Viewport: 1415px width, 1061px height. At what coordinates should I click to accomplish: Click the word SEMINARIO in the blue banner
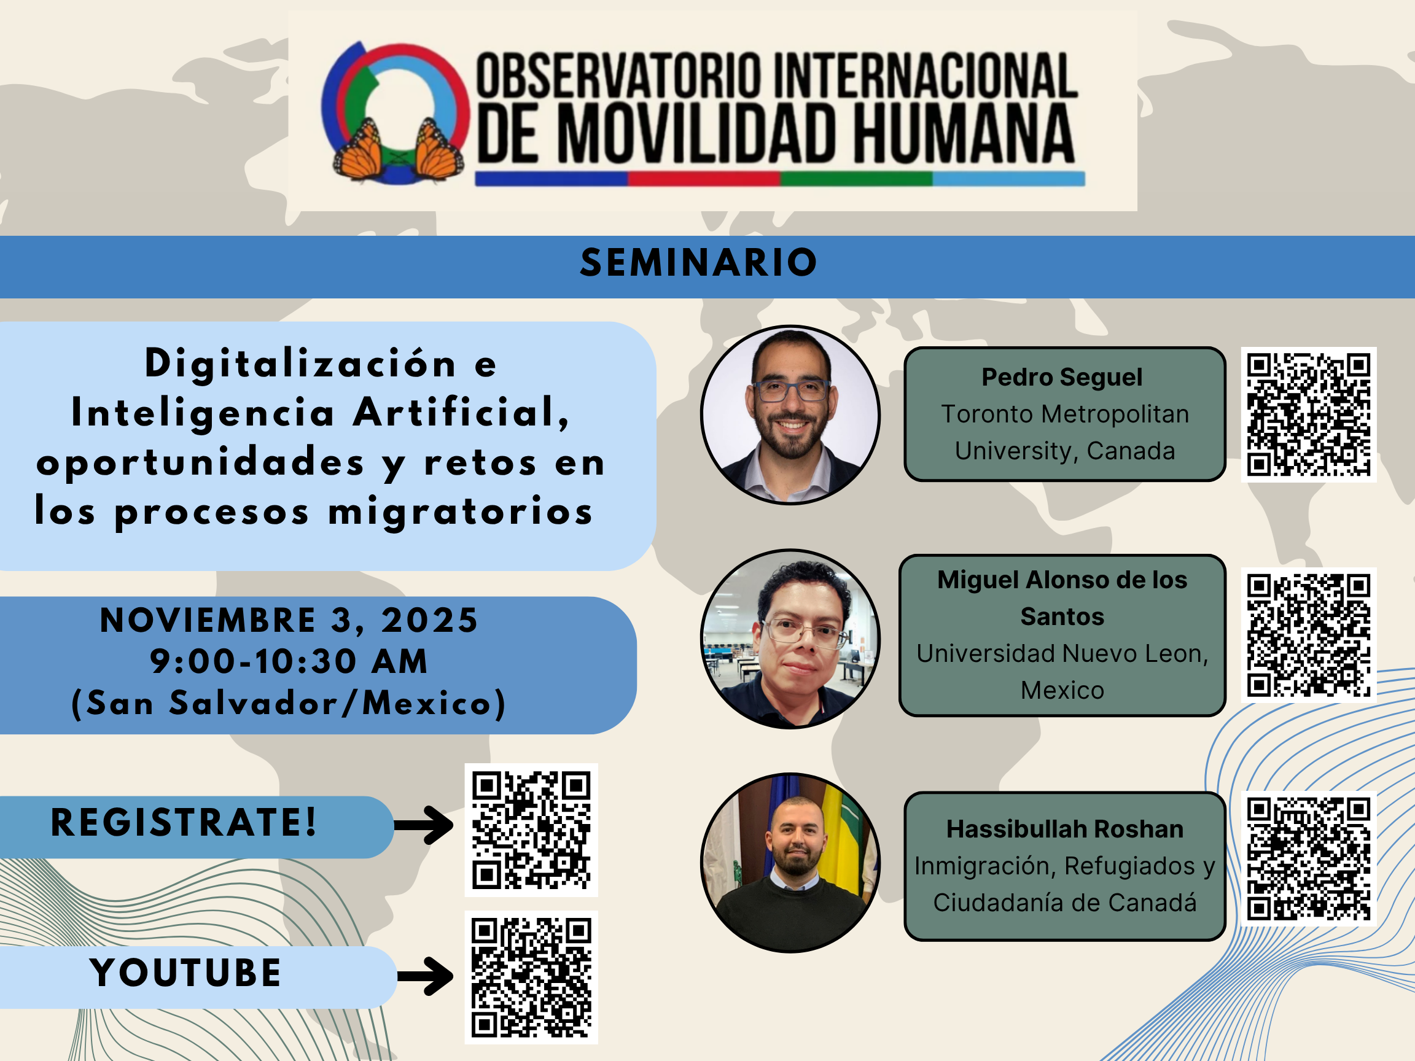click(x=698, y=263)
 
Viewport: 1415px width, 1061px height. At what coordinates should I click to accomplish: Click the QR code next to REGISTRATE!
click(x=531, y=830)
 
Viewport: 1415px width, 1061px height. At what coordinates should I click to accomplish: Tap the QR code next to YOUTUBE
click(x=531, y=977)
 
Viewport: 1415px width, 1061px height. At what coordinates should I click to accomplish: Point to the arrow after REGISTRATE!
click(x=424, y=825)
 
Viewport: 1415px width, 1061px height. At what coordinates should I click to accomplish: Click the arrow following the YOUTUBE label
click(x=425, y=976)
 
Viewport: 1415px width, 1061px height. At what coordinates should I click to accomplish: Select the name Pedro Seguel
click(x=1062, y=378)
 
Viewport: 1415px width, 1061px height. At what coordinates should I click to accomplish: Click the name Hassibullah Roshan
click(x=1065, y=829)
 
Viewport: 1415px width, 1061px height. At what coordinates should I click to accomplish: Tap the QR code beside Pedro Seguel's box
click(x=1308, y=414)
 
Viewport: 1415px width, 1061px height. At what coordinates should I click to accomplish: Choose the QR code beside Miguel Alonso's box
click(x=1308, y=635)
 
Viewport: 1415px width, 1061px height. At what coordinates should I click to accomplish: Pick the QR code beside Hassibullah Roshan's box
click(x=1308, y=858)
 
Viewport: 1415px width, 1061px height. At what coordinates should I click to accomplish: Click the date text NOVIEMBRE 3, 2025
click(x=289, y=620)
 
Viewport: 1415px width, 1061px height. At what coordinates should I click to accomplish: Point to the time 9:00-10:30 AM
click(x=289, y=661)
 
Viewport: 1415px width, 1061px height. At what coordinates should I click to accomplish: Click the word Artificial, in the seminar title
click(x=461, y=413)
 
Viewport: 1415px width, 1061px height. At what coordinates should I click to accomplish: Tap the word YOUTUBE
click(x=185, y=973)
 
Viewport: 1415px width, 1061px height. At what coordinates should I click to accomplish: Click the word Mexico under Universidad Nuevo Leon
click(x=1062, y=691)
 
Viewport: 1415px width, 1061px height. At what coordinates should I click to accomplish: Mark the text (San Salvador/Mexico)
click(x=289, y=704)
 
